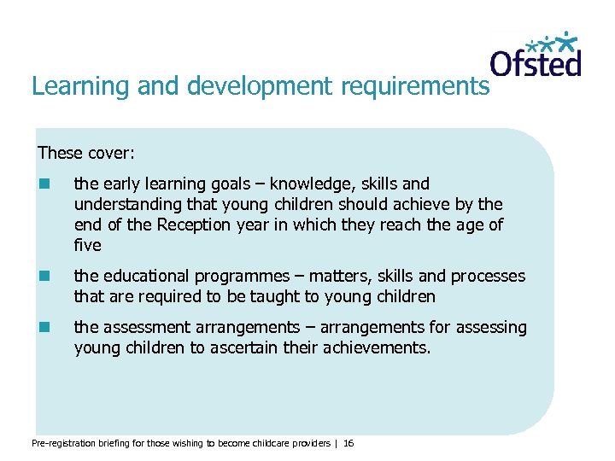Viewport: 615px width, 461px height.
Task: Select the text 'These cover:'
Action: tap(86, 154)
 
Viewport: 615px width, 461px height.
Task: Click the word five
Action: tap(88, 246)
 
